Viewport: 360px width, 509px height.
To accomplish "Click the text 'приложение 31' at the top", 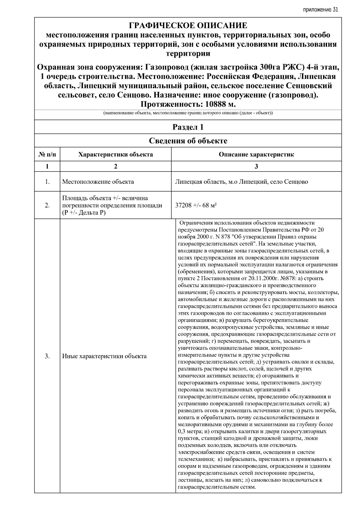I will (320, 10).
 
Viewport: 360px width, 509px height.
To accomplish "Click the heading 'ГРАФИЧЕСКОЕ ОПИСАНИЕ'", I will (188, 25).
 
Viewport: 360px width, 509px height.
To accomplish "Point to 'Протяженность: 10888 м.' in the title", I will (188, 104).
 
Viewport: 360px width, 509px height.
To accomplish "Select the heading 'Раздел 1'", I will (188, 127).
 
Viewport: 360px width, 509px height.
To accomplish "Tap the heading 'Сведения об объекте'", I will (188, 141).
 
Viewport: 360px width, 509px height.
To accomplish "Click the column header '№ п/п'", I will (47, 155).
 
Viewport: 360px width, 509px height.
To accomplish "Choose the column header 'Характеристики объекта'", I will (115, 155).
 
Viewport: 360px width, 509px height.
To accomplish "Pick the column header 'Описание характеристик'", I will (256, 155).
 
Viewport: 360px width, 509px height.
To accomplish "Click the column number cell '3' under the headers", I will (256, 166).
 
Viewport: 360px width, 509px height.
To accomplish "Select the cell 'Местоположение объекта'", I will (98, 182).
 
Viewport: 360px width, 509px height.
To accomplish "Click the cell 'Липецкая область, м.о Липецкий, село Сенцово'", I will (241, 182).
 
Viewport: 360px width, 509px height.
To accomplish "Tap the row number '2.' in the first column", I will (47, 206).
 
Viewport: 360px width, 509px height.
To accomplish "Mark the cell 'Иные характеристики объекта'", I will (104, 356).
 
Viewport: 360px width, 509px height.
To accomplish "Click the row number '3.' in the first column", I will (47, 356).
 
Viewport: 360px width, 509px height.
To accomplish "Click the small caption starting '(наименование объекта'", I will (188, 113).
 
